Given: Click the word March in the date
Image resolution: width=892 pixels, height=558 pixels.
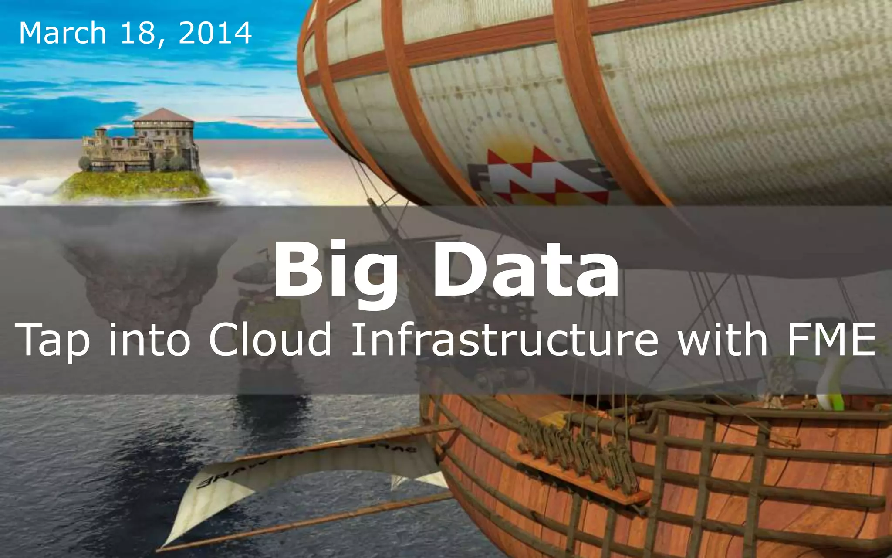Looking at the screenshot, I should pyautogui.click(x=63, y=33).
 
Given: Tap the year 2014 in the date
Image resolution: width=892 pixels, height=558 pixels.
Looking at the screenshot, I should pyautogui.click(x=215, y=33).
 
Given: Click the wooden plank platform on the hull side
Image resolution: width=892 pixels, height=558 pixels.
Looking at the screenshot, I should pyautogui.click(x=584, y=480).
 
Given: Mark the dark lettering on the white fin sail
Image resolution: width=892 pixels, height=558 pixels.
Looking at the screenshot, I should pyautogui.click(x=218, y=480).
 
